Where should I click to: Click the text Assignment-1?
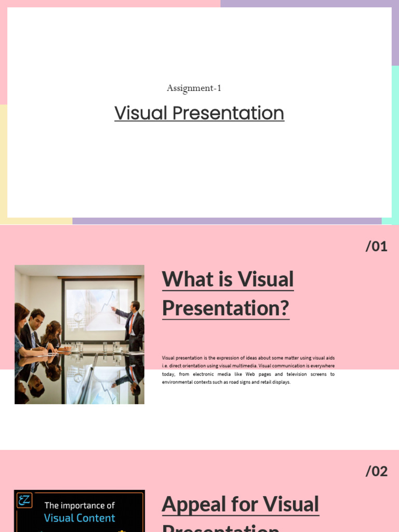click(x=194, y=88)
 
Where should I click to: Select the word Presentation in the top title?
click(x=228, y=113)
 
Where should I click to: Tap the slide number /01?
click(x=377, y=246)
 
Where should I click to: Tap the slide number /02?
click(x=377, y=471)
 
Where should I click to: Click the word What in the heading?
click(x=187, y=280)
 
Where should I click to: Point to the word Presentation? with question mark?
click(x=225, y=308)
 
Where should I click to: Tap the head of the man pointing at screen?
click(x=135, y=305)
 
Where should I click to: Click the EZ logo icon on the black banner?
click(x=24, y=501)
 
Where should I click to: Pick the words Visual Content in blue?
click(x=79, y=518)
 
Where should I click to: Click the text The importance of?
click(x=79, y=505)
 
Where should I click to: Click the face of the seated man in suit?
click(x=37, y=318)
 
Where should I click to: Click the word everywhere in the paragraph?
click(x=322, y=366)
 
